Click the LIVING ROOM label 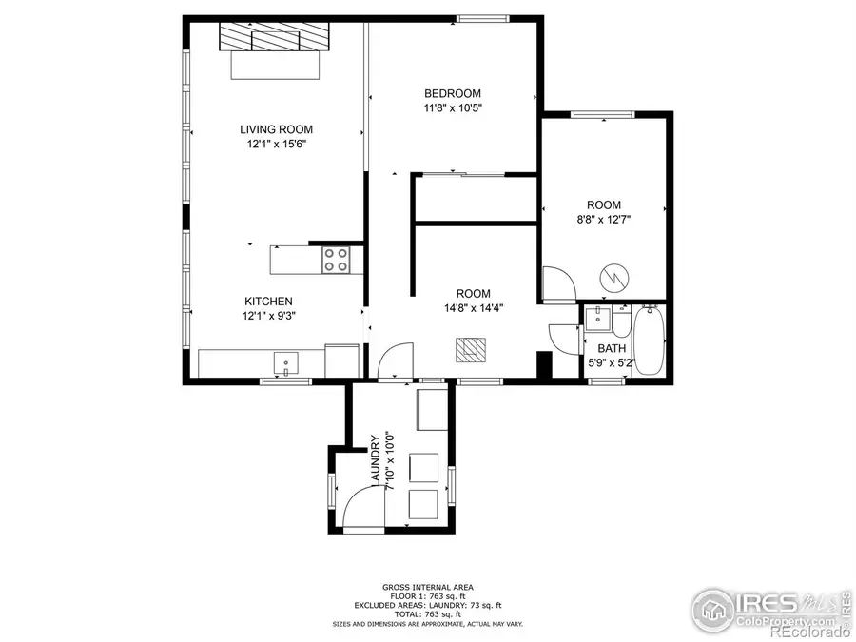(276, 129)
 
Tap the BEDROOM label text (452, 93)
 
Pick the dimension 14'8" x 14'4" (472, 307)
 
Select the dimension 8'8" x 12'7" (604, 219)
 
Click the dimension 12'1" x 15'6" (276, 145)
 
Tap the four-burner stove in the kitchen (335, 260)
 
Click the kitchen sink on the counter (284, 362)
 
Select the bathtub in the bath (651, 340)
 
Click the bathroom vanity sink (597, 319)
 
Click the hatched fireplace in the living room (274, 37)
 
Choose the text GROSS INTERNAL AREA (427, 587)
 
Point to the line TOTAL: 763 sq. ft (427, 613)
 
